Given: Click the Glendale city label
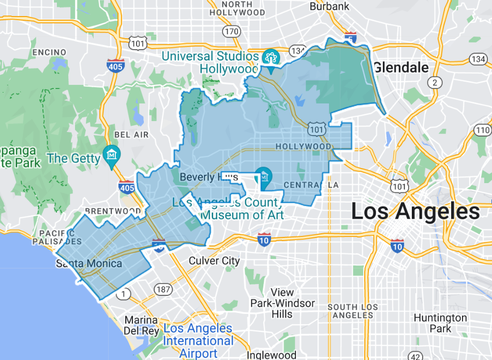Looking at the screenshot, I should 401,67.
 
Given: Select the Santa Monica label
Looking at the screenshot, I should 89,264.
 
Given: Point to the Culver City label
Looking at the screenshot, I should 214,261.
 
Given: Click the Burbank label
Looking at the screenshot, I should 330,7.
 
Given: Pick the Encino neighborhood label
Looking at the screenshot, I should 49,52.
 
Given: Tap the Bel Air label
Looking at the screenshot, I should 131,134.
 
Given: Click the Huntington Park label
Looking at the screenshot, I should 440,323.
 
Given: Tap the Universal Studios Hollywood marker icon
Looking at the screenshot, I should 270,56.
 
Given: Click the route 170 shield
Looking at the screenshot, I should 232,32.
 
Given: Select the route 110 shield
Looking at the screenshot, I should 483,130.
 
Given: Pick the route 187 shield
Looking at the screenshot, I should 163,289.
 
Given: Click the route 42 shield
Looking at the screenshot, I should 415,356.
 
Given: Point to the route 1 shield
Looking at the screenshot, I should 124,294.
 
